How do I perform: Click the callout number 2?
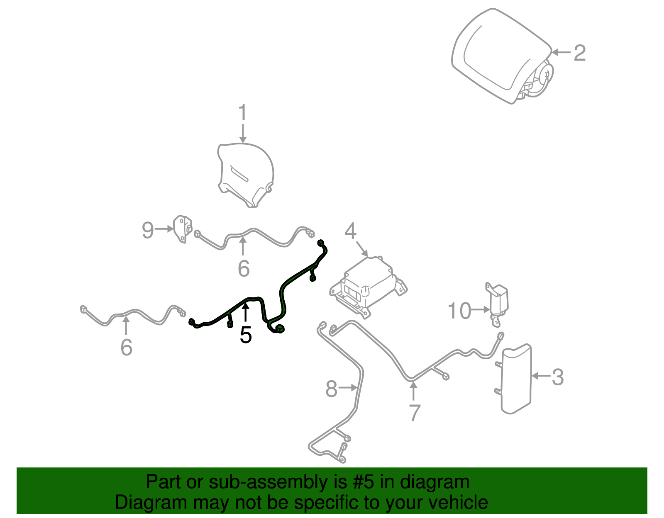coord(580,53)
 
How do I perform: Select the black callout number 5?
coord(246,335)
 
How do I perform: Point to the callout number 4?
coord(350,231)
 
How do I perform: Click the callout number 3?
coord(558,377)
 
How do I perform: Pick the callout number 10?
coord(460,311)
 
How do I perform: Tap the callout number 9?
coord(148,230)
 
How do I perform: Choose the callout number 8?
coord(331,389)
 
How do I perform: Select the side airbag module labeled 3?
coord(516,378)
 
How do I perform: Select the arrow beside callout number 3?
coord(541,376)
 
